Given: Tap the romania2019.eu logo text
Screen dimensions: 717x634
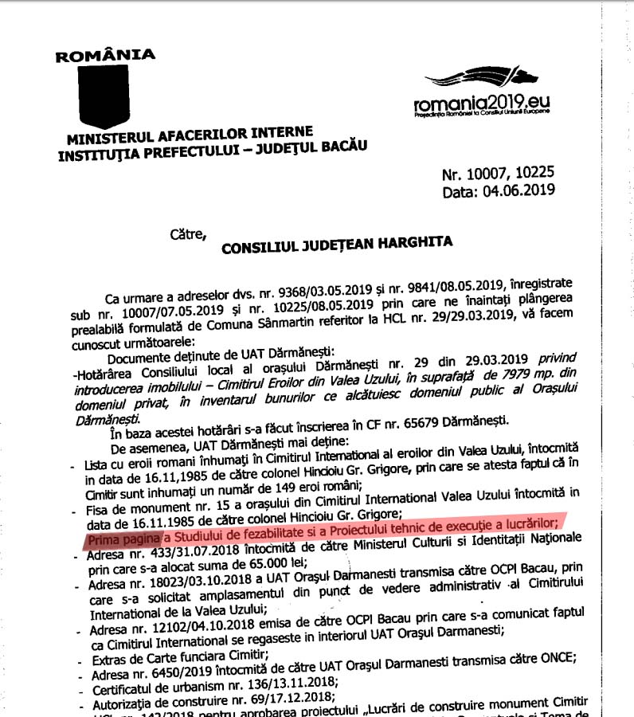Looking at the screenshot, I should point(482,103).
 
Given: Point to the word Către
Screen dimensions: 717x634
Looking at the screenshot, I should point(187,234).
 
